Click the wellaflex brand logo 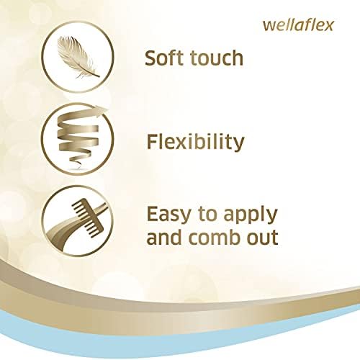tap(298, 25)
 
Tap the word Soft tap(165, 58)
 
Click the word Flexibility tap(195, 142)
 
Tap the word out tap(264, 237)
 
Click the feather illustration tap(77, 57)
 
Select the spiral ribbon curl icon tap(78, 138)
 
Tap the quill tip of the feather tap(98, 76)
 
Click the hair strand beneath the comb tap(72, 228)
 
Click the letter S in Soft tap(151, 58)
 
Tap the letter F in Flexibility tap(152, 141)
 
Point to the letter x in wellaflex tap(328, 27)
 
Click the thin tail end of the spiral tap(77, 166)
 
